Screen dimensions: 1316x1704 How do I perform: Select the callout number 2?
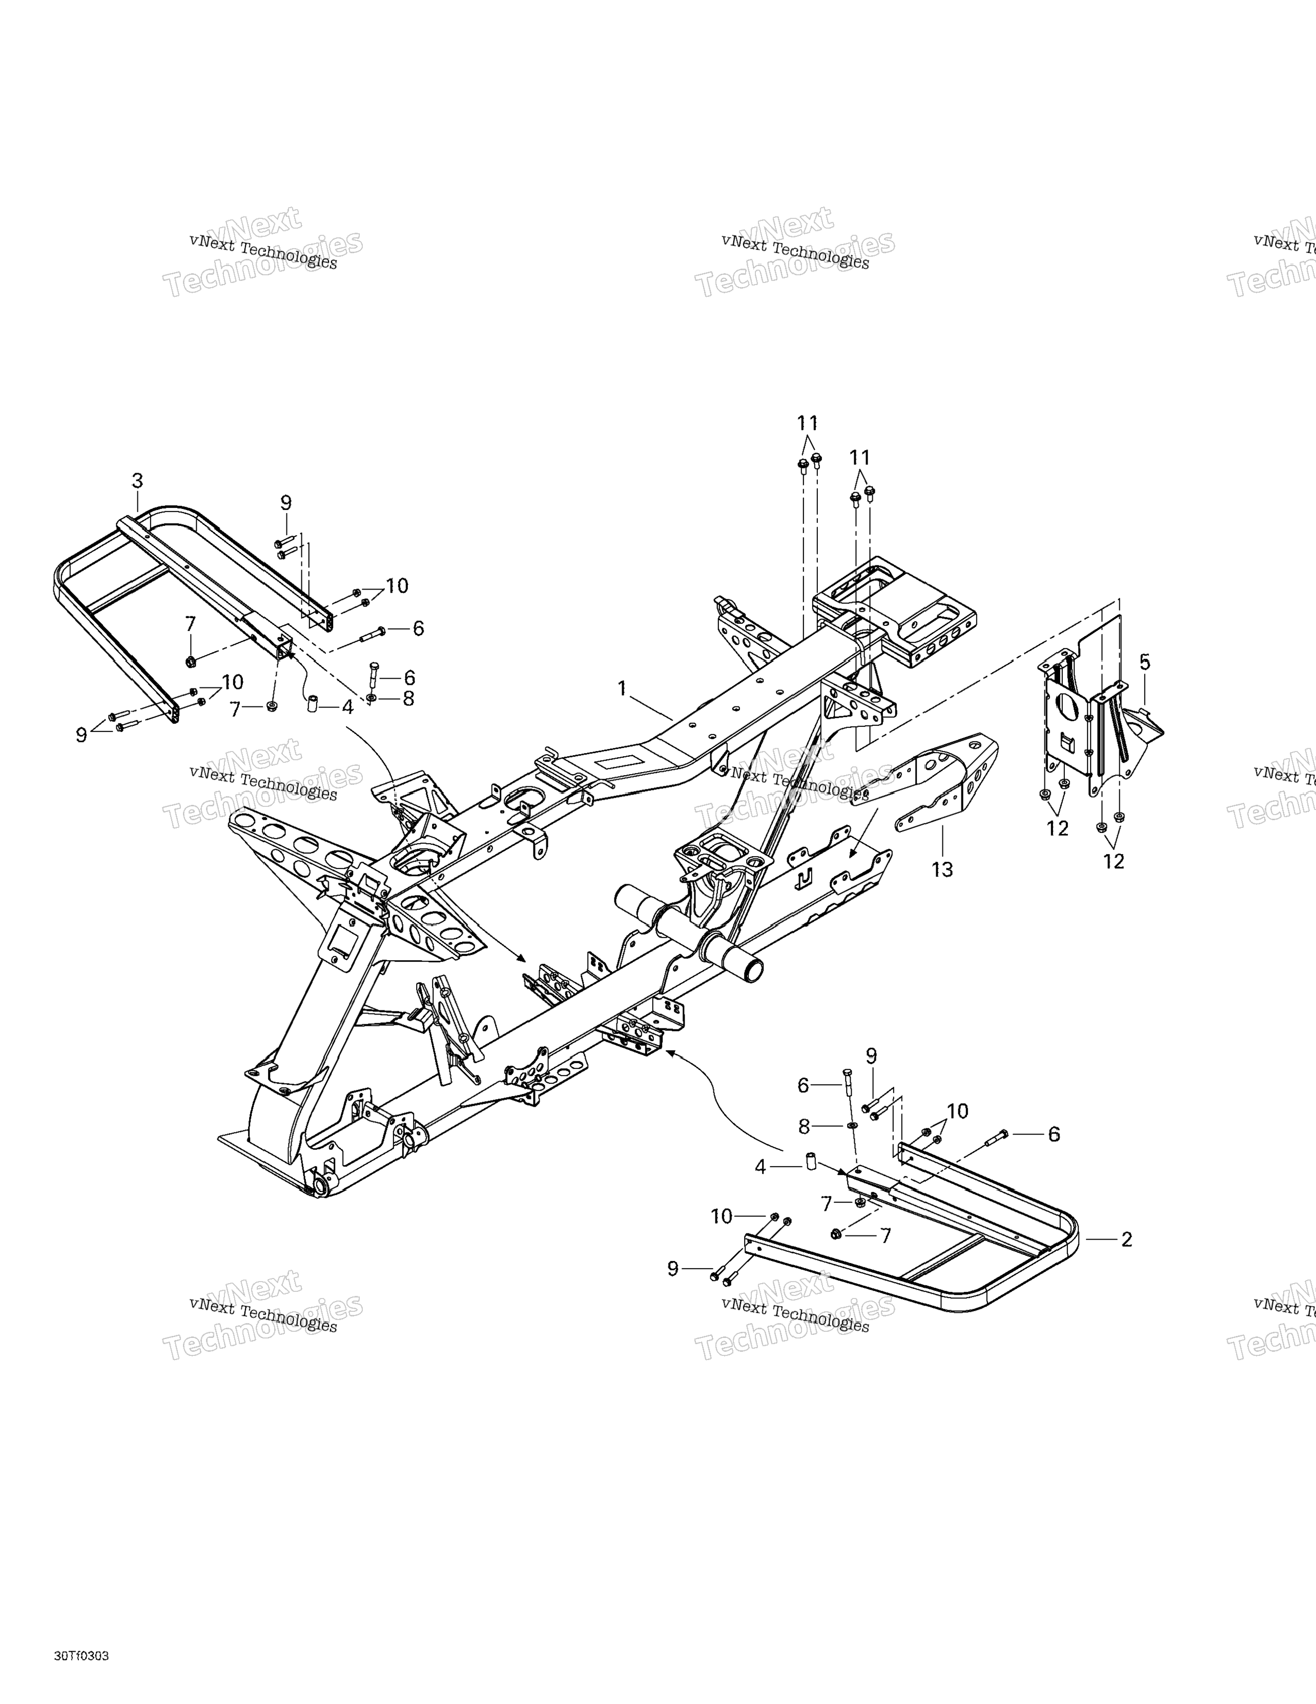coord(1126,1239)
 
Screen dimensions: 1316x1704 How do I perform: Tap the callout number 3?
coord(137,481)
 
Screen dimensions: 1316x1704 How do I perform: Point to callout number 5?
coord(1144,662)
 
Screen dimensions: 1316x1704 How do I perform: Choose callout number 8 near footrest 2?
coord(804,1127)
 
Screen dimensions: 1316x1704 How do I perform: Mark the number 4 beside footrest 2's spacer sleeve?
coord(760,1168)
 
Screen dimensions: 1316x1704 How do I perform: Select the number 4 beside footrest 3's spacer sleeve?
coord(348,707)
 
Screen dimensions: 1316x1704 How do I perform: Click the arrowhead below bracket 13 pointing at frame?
coord(853,853)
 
